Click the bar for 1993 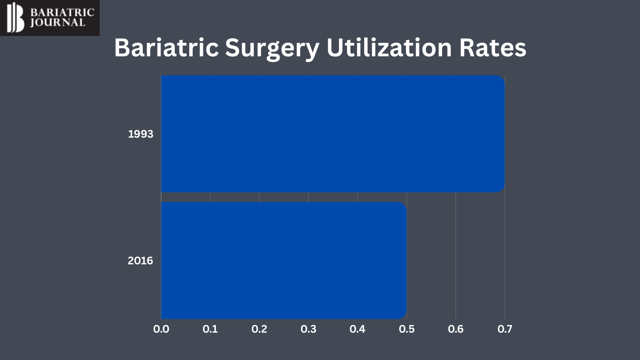click(x=333, y=134)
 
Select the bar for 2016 click(x=284, y=260)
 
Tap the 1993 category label click(x=141, y=134)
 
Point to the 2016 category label click(x=140, y=261)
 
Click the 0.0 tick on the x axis click(x=161, y=329)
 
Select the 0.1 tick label click(x=210, y=329)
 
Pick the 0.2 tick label click(x=259, y=329)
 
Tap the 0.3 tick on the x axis click(x=308, y=329)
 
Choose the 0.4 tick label click(x=357, y=329)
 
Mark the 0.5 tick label click(x=407, y=329)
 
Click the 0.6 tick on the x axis click(x=456, y=329)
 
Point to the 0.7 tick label click(x=505, y=329)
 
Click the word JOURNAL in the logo click(x=57, y=23)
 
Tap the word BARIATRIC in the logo click(x=62, y=13)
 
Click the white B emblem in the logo click(x=16, y=17)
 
